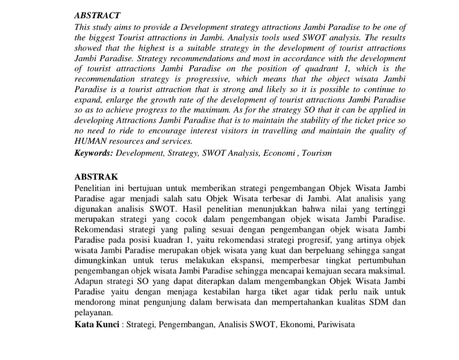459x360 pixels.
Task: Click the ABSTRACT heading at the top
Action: click(97, 16)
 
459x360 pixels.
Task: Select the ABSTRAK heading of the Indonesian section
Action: click(96, 176)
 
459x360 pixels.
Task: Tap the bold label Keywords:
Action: click(94, 153)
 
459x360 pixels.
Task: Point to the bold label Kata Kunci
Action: click(97, 325)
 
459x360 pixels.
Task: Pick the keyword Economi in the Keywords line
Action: click(279, 153)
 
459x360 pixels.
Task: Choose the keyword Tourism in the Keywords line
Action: click(316, 153)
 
